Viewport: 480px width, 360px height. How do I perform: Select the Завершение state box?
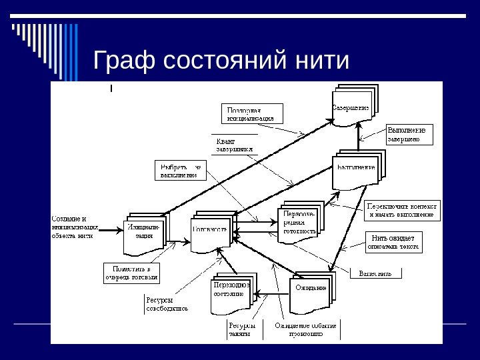[351, 107]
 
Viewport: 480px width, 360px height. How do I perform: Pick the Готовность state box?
[211, 230]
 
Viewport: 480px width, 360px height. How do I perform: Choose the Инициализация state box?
[144, 233]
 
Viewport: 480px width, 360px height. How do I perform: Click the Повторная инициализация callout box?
[251, 114]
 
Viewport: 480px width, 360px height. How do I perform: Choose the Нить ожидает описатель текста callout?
[393, 242]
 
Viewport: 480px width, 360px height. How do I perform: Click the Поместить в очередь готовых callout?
[131, 272]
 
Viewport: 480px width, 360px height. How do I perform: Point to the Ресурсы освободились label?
[166, 305]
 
